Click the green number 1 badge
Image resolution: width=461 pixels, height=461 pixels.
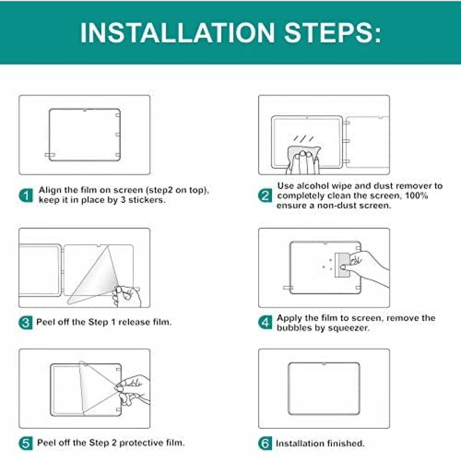26,196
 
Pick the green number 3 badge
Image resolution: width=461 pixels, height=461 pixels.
26,322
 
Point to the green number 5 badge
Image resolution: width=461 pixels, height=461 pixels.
26,443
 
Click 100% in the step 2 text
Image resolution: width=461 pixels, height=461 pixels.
416,196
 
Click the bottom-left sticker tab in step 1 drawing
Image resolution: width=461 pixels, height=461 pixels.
50,155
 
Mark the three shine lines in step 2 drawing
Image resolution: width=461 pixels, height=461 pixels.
304,139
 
